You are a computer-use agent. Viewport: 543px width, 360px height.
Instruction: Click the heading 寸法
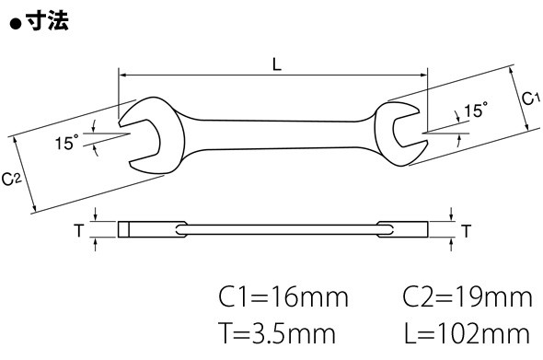point(47,20)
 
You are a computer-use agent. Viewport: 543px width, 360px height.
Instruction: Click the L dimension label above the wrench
point(277,64)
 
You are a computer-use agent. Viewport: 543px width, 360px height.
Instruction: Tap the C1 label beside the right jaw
point(531,99)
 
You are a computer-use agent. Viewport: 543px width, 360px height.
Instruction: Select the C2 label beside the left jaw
point(12,180)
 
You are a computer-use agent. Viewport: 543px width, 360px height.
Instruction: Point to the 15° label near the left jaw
point(67,142)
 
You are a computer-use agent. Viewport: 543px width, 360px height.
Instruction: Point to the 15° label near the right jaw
point(476,110)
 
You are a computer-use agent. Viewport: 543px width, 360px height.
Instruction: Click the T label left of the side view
point(79,230)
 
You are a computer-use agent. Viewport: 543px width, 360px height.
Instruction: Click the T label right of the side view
point(467,231)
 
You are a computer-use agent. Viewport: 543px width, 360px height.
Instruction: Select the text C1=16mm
point(283,297)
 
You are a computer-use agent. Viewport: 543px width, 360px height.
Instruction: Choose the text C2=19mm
point(468,297)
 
